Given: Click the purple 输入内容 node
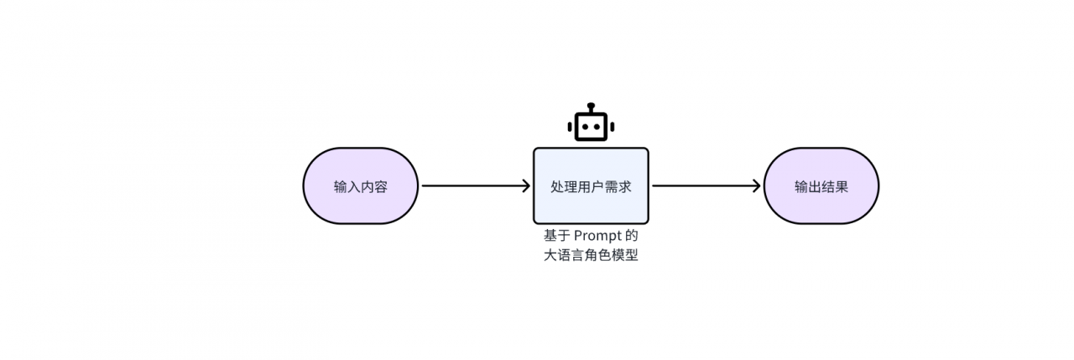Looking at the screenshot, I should pos(361,186).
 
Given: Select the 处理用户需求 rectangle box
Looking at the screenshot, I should pos(591,186).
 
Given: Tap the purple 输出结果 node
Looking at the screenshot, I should pos(821,186).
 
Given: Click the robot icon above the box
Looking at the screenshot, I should pos(591,123).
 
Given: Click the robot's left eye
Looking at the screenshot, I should pos(585,127).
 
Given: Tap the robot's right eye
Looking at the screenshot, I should pos(597,127).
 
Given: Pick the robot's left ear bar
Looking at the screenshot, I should pos(570,127).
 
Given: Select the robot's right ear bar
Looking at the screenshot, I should pos(613,127).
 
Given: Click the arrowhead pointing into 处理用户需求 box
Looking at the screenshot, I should pos(526,186).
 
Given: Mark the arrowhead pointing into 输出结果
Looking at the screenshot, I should pos(756,186).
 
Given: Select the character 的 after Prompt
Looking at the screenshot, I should pos(632,236).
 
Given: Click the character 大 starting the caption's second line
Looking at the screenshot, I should pos(550,256).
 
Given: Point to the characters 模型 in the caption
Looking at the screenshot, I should pos(625,256).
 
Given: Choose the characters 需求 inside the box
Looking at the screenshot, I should pos(618,186).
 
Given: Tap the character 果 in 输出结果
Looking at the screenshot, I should pos(842,186).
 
